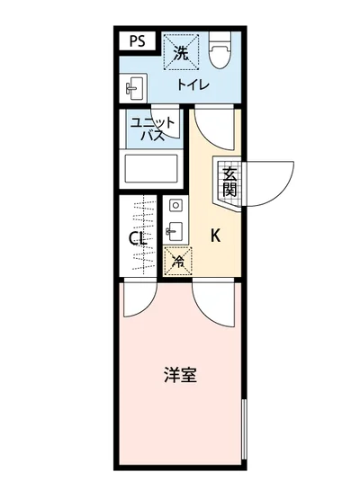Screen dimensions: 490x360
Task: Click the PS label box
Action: pyautogui.click(x=137, y=40)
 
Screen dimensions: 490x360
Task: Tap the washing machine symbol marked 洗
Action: pyautogui.click(x=180, y=53)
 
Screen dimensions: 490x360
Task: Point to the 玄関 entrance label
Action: pyautogui.click(x=229, y=181)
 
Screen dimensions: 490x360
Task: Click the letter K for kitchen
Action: pyautogui.click(x=216, y=236)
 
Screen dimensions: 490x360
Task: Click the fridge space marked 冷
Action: pyautogui.click(x=177, y=261)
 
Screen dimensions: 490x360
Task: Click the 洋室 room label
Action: pyautogui.click(x=180, y=375)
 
